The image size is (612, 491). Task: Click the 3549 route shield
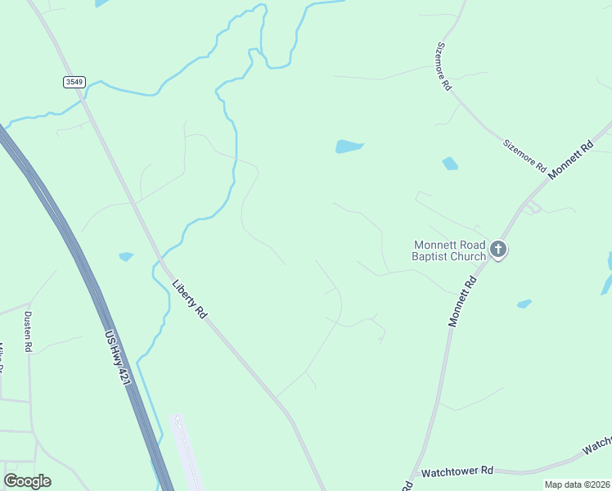click(74, 82)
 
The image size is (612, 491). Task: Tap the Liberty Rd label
click(190, 300)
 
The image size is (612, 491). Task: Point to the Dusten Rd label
click(28, 331)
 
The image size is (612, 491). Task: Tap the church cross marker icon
click(499, 250)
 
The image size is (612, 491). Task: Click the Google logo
click(27, 481)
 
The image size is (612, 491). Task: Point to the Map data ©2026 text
click(577, 484)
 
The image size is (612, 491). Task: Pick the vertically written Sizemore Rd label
click(445, 66)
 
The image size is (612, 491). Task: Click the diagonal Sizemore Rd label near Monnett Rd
click(524, 154)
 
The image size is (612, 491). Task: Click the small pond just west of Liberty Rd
click(126, 256)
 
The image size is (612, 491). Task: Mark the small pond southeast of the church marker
click(524, 304)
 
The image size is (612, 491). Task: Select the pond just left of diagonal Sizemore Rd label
click(450, 164)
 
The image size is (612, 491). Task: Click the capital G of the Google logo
click(11, 481)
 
